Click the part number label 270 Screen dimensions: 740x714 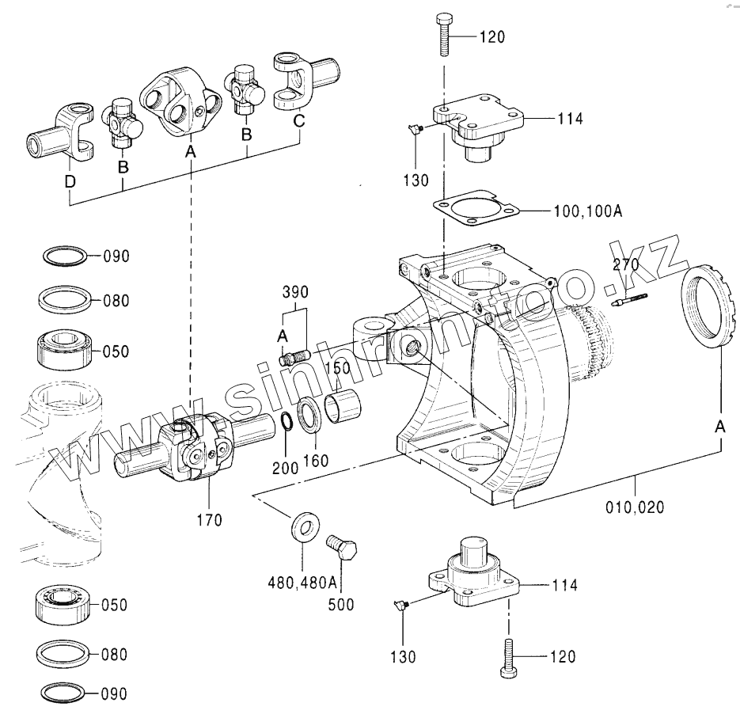(x=626, y=264)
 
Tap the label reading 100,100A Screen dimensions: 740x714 (x=588, y=211)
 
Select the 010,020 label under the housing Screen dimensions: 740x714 (x=635, y=507)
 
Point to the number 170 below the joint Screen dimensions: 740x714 (x=209, y=520)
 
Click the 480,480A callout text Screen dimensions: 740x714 (x=302, y=583)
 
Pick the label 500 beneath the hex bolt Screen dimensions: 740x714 (x=341, y=605)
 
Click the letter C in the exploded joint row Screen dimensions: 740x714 (x=298, y=121)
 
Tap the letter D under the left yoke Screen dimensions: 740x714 (x=70, y=181)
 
